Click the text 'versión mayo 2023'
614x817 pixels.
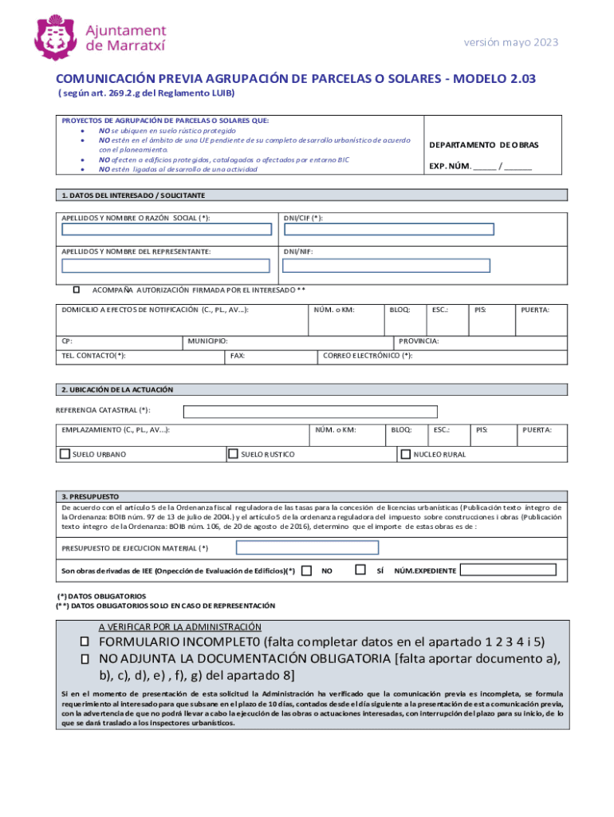(510, 42)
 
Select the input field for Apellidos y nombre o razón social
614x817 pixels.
(167, 230)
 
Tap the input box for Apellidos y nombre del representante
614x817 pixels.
(167, 265)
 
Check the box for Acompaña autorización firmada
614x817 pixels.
(77, 290)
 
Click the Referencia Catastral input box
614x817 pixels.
(310, 412)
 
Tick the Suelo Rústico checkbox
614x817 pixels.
(234, 454)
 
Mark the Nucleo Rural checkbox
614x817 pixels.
(405, 454)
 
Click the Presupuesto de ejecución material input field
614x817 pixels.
(306, 548)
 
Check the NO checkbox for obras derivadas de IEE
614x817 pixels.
(307, 570)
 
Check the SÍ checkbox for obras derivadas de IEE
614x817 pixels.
(360, 570)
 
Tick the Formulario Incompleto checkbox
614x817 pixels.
(83, 642)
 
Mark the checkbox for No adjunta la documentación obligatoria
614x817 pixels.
(83, 659)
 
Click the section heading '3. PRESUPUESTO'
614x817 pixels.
(90, 495)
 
